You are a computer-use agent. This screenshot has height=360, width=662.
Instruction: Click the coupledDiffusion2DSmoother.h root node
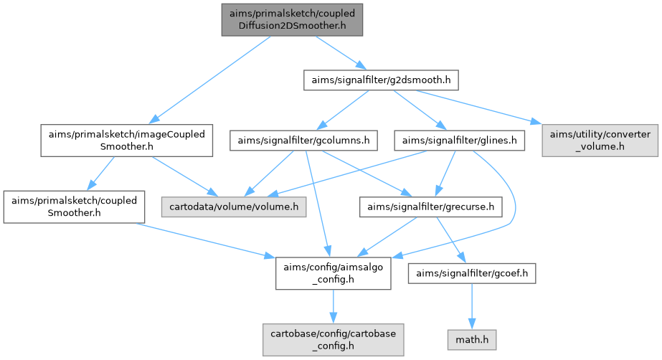292,19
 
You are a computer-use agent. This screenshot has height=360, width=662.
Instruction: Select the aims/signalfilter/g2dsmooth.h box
381,80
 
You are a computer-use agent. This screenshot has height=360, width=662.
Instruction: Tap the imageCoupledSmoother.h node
126,141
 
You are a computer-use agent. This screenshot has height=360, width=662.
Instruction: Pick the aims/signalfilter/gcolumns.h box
303,141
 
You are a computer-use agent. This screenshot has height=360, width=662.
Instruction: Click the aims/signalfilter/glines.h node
460,141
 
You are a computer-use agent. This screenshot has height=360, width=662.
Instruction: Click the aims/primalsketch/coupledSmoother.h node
74,207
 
